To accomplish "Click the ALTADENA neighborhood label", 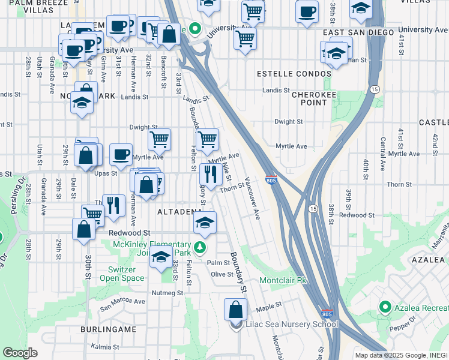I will [179, 212].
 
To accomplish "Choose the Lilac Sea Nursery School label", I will [292, 325].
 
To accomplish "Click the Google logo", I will [20, 352].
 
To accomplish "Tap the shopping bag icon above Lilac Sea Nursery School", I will [235, 310].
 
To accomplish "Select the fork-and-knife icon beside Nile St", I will [210, 175].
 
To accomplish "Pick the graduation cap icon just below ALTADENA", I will [205, 223].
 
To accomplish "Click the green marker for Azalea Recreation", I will [385, 308].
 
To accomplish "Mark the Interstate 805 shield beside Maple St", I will [327, 313].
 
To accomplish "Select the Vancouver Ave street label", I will [252, 198].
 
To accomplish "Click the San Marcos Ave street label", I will [122, 301].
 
